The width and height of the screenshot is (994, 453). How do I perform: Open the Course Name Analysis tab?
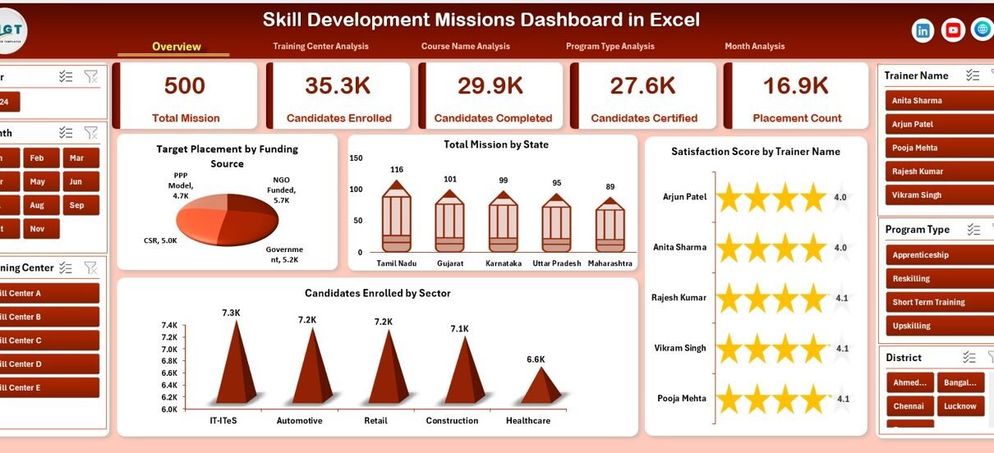[465, 47]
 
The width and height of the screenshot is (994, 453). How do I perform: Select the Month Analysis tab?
[754, 47]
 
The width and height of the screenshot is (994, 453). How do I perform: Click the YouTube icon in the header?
[953, 30]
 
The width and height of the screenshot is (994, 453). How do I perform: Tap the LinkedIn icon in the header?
[923, 30]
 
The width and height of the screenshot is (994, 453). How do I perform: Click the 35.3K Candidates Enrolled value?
[338, 85]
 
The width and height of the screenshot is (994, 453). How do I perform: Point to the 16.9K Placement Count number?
[795, 85]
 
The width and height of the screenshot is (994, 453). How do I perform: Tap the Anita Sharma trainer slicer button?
[932, 101]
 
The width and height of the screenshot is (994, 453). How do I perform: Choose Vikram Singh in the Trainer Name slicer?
[932, 195]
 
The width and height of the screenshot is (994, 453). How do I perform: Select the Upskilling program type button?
[932, 326]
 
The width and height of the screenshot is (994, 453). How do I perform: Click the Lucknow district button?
[959, 406]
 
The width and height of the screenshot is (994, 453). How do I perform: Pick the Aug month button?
[37, 205]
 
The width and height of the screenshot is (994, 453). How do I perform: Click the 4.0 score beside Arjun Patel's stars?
[840, 197]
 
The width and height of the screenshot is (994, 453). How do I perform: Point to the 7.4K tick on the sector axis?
[168, 326]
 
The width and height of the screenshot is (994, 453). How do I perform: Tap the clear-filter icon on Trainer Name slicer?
[992, 75]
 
